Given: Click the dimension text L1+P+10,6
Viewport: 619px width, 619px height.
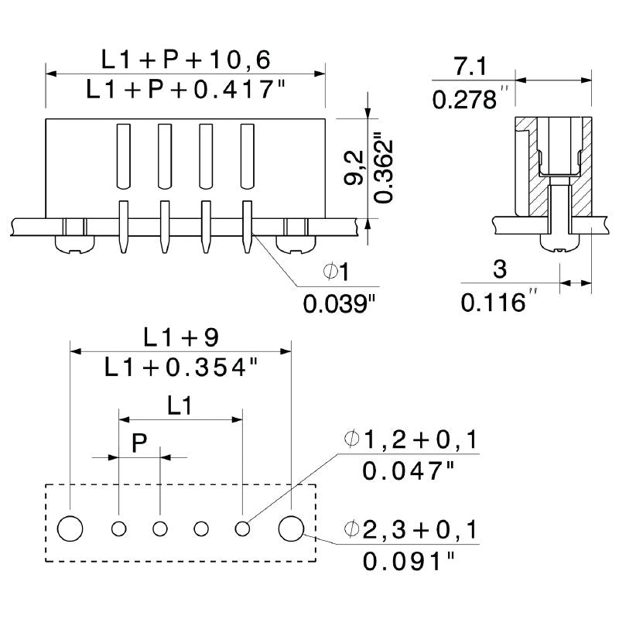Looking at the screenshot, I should (186, 59).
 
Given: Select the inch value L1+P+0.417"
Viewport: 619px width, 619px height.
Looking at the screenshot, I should (186, 91).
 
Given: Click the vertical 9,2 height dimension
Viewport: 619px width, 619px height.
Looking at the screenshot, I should (354, 168).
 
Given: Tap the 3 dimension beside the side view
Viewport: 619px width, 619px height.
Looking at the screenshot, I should (499, 269).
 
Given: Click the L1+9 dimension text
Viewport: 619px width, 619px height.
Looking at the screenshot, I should (181, 337).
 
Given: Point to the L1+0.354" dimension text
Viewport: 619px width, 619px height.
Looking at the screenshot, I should (181, 368).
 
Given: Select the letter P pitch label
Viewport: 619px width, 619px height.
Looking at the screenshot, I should (139, 443).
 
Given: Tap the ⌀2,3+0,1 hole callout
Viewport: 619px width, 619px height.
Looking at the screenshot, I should (411, 530).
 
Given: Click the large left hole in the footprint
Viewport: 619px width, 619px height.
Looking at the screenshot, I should (70, 528).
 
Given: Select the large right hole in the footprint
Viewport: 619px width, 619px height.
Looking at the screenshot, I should (291, 528).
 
